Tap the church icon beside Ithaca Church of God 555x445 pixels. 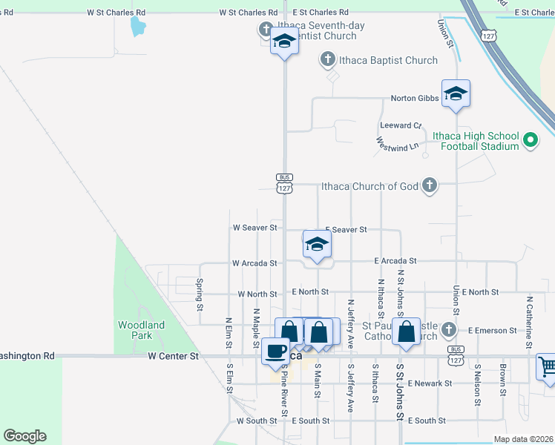click(429, 185)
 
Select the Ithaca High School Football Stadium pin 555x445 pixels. click(530, 140)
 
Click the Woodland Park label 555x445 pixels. click(141, 330)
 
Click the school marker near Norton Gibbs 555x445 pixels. click(456, 93)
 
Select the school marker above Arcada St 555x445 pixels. click(317, 244)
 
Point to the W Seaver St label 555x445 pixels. click(254, 228)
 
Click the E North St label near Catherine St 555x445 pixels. click(480, 292)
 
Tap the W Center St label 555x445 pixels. click(174, 356)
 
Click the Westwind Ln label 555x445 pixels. click(398, 146)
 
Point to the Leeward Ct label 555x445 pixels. click(401, 125)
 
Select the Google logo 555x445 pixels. click(24, 436)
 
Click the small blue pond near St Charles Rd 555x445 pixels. click(138, 27)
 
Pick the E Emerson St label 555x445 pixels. click(493, 330)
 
